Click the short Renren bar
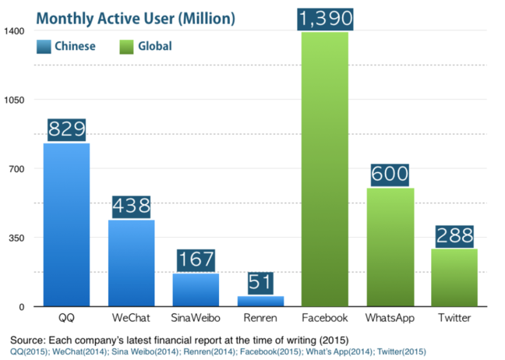260,301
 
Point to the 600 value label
390,175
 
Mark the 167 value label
196,259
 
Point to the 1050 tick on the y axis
16,100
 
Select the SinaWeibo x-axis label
196,319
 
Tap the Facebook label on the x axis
326,319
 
